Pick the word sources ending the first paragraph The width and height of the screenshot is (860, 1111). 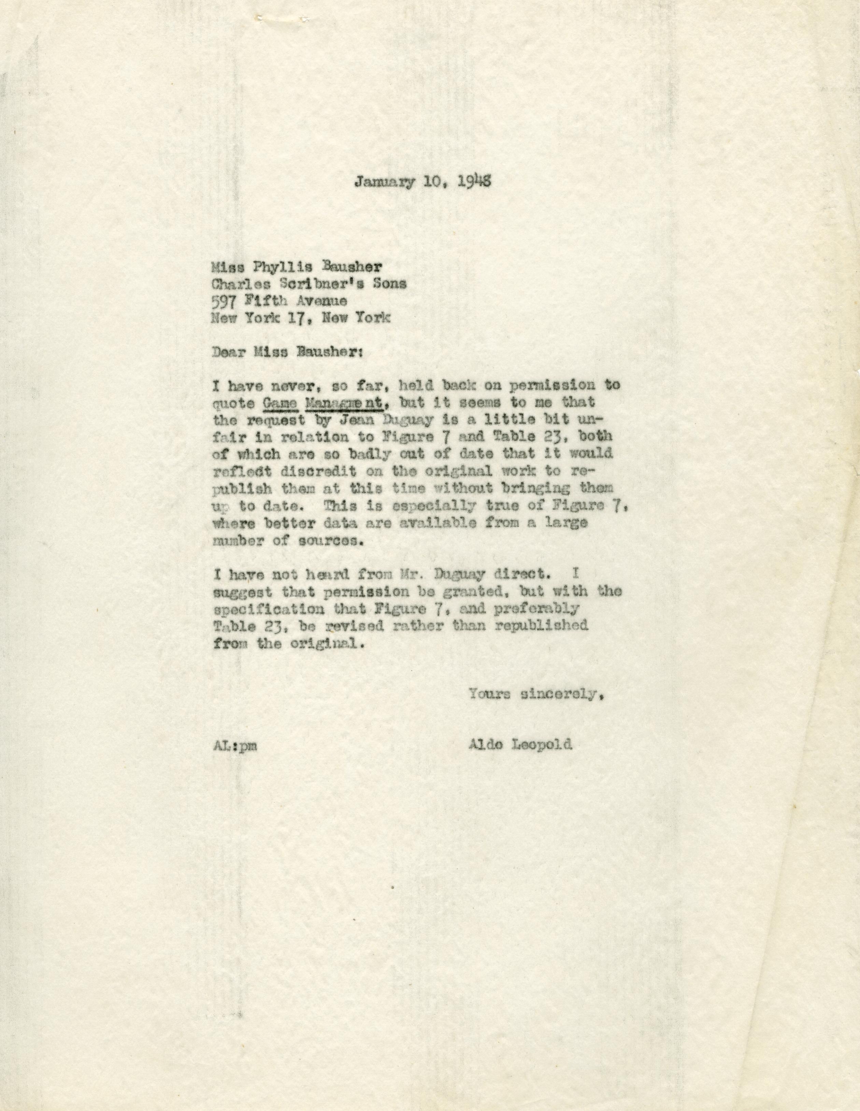point(331,540)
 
